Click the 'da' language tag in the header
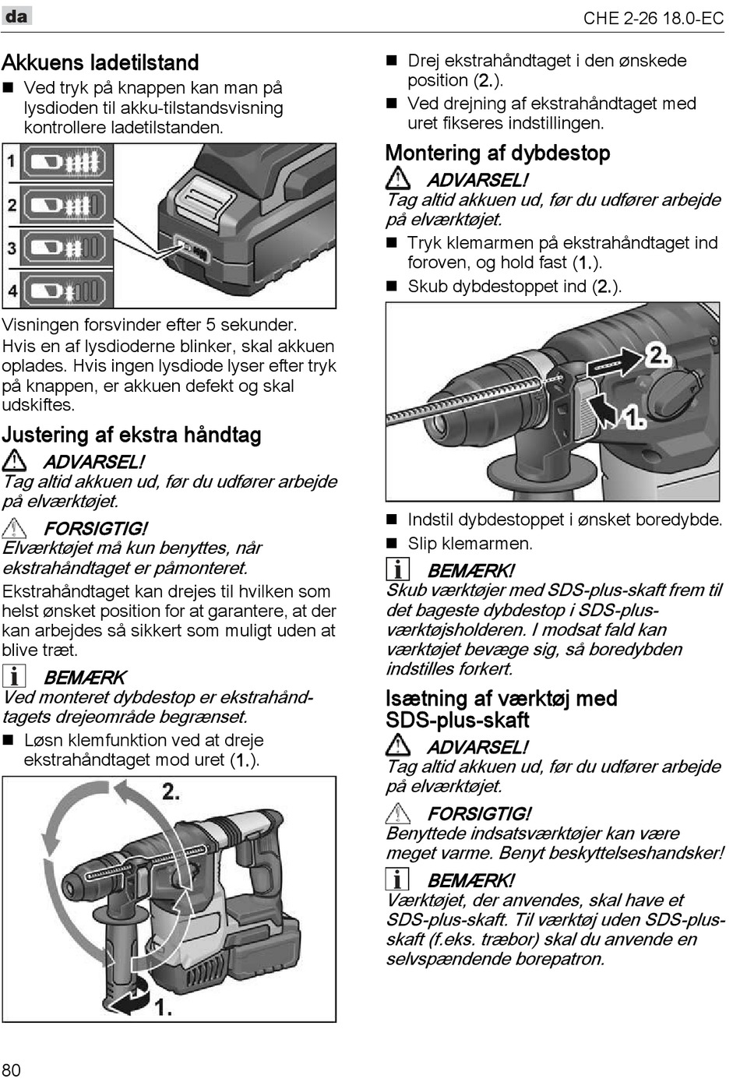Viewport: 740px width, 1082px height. [x=16, y=16]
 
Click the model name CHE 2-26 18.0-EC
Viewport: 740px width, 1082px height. [x=653, y=18]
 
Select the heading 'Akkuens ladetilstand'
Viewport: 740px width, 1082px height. [x=100, y=62]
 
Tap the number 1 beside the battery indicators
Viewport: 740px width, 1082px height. [x=12, y=162]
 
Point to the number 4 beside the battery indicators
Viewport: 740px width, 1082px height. [x=12, y=291]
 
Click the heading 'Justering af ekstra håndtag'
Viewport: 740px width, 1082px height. [x=132, y=435]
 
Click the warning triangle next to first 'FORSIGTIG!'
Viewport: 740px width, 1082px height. [x=14, y=528]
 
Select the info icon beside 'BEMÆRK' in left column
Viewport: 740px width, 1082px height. [x=14, y=676]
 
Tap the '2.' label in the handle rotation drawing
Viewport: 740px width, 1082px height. [x=171, y=792]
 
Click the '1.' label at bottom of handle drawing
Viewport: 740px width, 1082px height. [x=163, y=1007]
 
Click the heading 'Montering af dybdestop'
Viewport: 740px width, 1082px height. [x=498, y=153]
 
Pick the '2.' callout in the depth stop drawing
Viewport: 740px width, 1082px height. [x=658, y=355]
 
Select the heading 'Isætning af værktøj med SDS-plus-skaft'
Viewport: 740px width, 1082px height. [x=501, y=709]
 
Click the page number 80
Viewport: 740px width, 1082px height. [x=12, y=1070]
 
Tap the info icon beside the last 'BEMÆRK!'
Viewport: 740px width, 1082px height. [x=397, y=879]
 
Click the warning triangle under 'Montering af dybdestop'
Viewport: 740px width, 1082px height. [x=398, y=178]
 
